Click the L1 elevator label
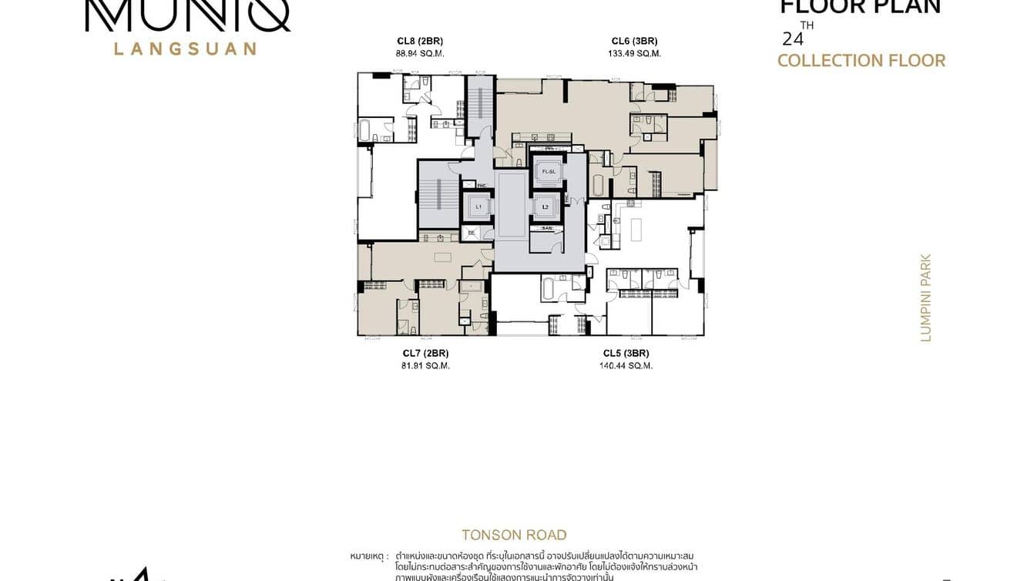[x=478, y=207]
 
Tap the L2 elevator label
[x=546, y=207]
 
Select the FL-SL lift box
[x=548, y=171]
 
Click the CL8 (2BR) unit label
[x=419, y=41]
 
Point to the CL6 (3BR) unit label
[x=634, y=41]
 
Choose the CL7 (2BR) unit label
[x=425, y=353]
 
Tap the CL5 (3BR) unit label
[x=626, y=353]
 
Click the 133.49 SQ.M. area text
[x=634, y=54]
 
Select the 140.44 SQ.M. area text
[x=626, y=366]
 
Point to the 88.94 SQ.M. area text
[x=419, y=54]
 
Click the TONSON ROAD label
[x=514, y=535]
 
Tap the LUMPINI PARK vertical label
[x=925, y=297]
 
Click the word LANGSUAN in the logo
[x=185, y=49]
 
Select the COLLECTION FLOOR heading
[x=861, y=61]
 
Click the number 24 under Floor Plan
[x=791, y=39]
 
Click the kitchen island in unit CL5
[x=636, y=230]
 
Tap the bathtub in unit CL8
[x=365, y=129]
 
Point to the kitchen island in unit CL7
[x=442, y=257]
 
